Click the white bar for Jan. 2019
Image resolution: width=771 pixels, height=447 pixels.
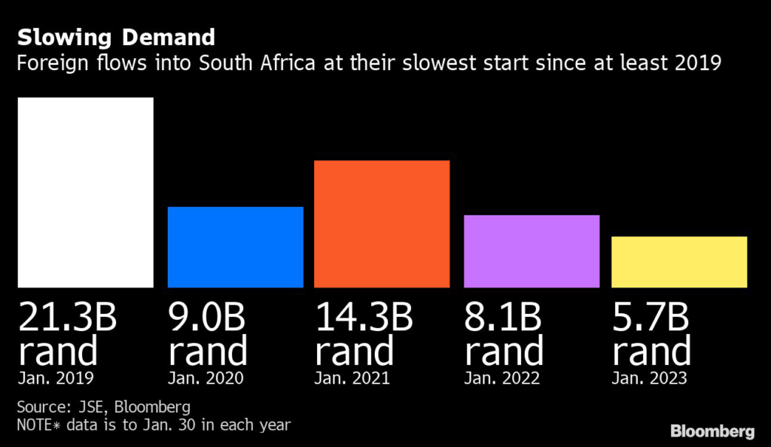point(85,192)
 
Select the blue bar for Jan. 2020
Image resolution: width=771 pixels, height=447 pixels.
point(235,247)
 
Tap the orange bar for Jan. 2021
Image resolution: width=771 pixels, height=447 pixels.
point(382,223)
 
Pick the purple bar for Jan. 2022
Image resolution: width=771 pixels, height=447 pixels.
point(532,251)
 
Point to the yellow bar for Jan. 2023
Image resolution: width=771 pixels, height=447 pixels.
point(679,262)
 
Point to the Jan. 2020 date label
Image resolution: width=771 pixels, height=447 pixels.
point(206,379)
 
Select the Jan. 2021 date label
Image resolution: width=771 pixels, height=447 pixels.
point(352,379)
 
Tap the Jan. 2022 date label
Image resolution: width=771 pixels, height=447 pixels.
point(502,379)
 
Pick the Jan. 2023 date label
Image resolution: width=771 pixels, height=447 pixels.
point(649,379)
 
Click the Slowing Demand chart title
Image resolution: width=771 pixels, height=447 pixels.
point(116,37)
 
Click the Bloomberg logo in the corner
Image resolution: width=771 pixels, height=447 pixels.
point(712,431)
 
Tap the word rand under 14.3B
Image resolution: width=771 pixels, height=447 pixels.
point(355,351)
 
